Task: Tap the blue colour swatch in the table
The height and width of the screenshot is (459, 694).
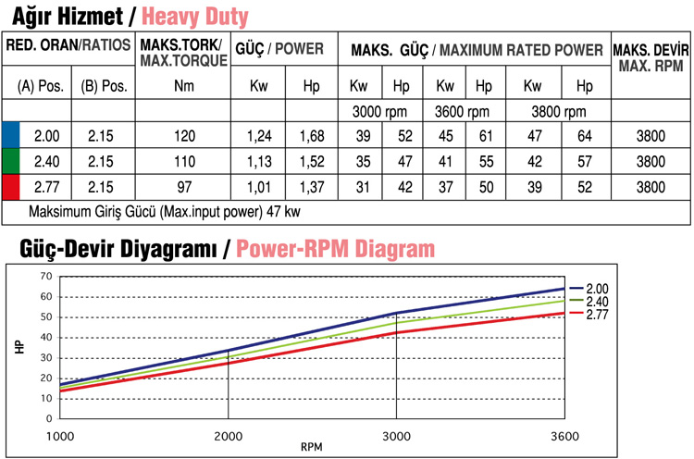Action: coord(10,136)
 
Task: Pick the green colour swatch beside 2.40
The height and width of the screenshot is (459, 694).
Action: coord(10,161)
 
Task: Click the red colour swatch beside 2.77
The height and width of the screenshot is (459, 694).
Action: coord(10,187)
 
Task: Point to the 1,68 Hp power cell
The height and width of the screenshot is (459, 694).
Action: coord(312,136)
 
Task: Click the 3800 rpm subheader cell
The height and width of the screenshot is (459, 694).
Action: coord(557,111)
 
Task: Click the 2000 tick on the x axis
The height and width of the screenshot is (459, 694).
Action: coord(228,435)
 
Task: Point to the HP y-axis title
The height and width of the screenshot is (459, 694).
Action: coord(19,348)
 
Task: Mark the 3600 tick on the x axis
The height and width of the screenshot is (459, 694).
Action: coord(564,435)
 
